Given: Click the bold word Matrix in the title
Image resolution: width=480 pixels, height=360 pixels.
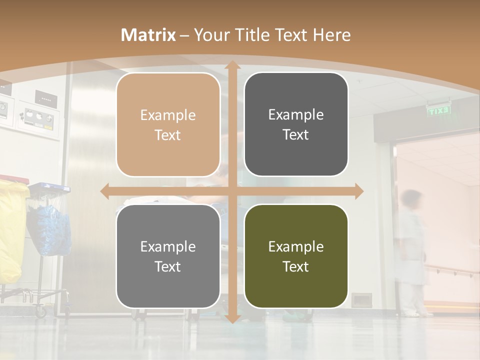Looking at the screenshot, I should pos(148,35).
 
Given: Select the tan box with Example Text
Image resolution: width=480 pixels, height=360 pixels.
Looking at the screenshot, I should pos(168,125).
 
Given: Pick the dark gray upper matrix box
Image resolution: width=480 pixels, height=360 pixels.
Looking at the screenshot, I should pos(296,124).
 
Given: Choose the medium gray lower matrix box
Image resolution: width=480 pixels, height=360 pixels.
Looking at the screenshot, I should pos(168,256).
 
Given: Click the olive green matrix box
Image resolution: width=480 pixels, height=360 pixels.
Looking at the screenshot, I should pos(296,256).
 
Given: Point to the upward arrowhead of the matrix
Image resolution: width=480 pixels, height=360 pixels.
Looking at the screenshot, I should pos(232,65).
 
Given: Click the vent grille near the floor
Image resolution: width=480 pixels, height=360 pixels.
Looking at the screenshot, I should pos(361,300).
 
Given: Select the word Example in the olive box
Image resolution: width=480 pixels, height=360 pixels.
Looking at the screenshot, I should pos(296,246).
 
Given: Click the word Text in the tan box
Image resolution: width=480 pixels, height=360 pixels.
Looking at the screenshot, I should pos(168,135).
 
